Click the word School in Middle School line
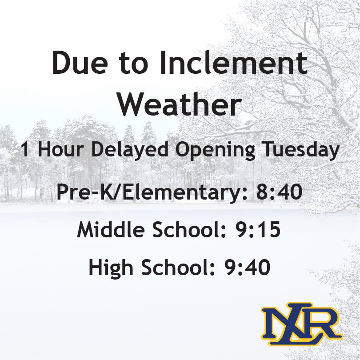(x=185, y=231)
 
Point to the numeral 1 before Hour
(x=25, y=150)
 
